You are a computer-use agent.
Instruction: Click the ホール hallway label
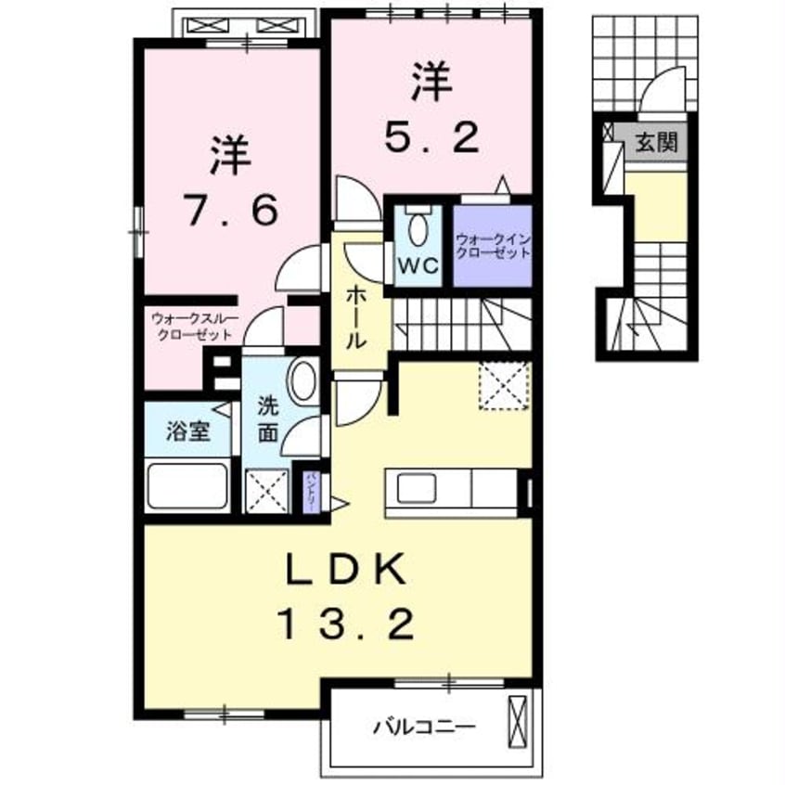pyautogui.click(x=355, y=316)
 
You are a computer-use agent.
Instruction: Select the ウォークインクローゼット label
pyautogui.click(x=492, y=245)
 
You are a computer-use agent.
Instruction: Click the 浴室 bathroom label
pyautogui.click(x=188, y=431)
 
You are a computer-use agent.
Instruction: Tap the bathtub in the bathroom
pyautogui.click(x=188, y=485)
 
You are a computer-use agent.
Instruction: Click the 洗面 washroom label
pyautogui.click(x=267, y=419)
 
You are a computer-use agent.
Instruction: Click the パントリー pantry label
pyautogui.click(x=313, y=487)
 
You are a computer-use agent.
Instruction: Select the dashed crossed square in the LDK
pyautogui.click(x=504, y=385)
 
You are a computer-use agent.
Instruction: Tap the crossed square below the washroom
pyautogui.click(x=266, y=489)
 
